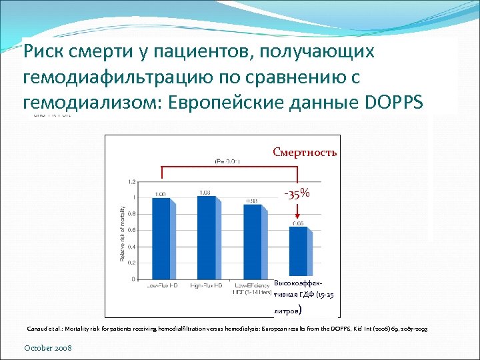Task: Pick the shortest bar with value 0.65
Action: pyautogui.click(x=297, y=253)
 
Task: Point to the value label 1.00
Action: pyautogui.click(x=161, y=195)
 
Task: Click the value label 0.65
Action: pyautogui.click(x=297, y=223)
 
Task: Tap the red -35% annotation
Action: pyautogui.click(x=297, y=193)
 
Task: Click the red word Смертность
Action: pyautogui.click(x=305, y=152)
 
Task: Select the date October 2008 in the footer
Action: pyautogui.click(x=48, y=348)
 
